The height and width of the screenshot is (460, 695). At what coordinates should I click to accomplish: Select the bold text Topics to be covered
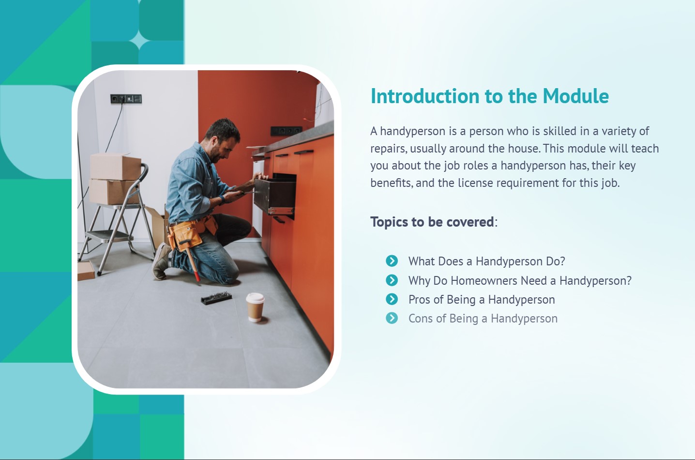tap(432, 222)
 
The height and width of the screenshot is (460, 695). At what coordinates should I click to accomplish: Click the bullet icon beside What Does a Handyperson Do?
tap(392, 261)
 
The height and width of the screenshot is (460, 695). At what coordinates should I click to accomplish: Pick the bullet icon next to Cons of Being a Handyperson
tap(392, 318)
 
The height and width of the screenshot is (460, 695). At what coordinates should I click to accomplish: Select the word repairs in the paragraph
tap(389, 149)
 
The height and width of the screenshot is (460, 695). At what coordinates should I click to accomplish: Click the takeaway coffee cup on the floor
tap(255, 307)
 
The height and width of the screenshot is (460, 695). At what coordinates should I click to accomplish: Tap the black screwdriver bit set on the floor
tap(216, 298)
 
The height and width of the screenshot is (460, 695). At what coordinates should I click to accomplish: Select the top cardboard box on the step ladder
tap(115, 167)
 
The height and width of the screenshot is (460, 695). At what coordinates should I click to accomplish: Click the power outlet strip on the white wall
tap(126, 99)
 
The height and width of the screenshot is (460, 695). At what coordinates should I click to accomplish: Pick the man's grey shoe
tap(161, 261)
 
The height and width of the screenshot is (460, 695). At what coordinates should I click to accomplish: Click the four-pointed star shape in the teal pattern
tap(139, 41)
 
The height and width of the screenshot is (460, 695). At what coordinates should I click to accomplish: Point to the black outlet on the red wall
tap(286, 131)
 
